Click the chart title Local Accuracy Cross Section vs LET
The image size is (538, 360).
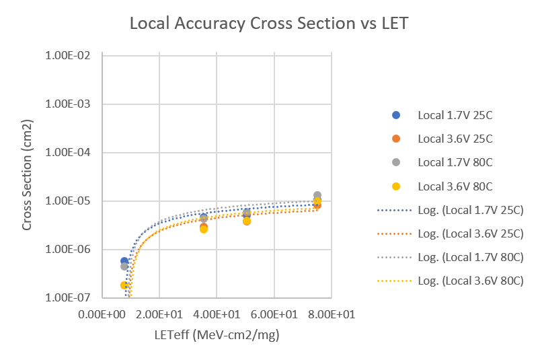269,24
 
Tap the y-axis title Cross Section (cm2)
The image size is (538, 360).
27,176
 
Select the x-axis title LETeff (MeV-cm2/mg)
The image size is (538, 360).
217,335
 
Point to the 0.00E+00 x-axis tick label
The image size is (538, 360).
102,314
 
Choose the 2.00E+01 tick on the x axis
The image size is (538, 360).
159,314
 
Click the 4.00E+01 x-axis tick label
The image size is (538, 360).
217,314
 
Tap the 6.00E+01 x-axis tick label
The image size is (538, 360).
274,314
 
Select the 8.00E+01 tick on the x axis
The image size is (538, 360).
332,314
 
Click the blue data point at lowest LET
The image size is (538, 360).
124,260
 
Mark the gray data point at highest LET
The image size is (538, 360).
317,195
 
